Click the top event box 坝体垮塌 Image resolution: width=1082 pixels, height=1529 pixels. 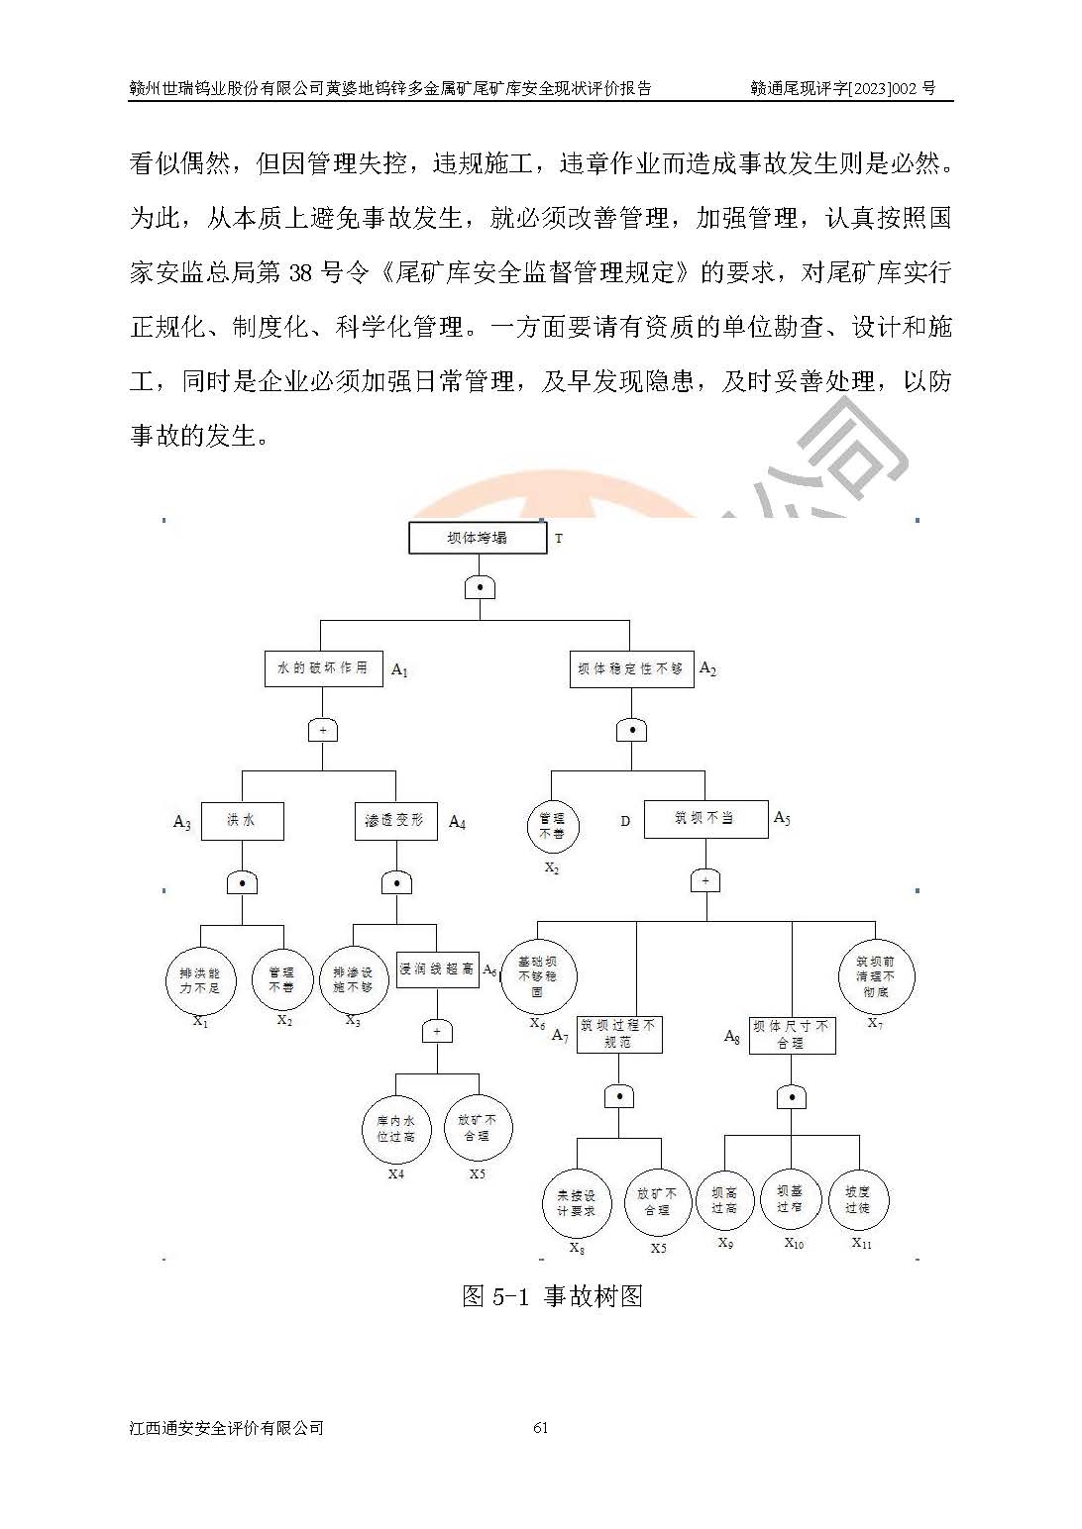(477, 538)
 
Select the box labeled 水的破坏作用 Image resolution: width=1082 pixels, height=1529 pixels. (323, 668)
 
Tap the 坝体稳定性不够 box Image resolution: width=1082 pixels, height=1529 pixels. (631, 668)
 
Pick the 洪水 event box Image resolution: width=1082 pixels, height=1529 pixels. (242, 821)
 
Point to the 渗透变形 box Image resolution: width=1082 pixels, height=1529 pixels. (395, 821)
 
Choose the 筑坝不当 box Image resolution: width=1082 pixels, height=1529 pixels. (704, 819)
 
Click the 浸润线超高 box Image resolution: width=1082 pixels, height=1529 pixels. (437, 968)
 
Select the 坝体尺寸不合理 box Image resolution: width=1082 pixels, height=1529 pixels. (792, 1035)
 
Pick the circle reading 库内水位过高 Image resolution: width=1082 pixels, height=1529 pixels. (396, 1129)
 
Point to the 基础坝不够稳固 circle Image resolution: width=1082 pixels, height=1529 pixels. (538, 976)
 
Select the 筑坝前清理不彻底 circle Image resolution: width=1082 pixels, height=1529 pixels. (876, 975)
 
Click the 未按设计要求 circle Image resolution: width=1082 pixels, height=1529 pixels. (577, 1203)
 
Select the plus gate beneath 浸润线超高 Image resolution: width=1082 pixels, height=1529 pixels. (437, 1032)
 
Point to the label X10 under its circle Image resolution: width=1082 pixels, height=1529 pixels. (794, 1244)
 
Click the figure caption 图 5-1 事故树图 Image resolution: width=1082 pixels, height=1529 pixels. (552, 1296)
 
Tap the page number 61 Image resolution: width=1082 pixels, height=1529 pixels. (541, 1427)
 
